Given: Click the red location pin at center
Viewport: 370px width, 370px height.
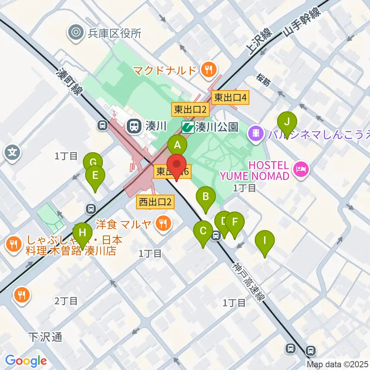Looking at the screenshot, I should tap(177, 166).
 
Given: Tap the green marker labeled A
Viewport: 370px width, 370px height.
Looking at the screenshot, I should tap(177, 146).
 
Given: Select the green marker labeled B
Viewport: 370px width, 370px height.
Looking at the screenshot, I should tap(206, 197).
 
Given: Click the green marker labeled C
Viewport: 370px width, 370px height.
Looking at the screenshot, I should tap(203, 232).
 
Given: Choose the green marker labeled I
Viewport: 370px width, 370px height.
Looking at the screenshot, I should tap(264, 241).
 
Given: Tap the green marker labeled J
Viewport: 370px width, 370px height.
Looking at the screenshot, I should tap(287, 123).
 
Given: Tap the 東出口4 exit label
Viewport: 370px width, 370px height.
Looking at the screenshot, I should tap(230, 98).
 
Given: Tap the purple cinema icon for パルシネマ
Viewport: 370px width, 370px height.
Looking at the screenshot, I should tap(256, 133).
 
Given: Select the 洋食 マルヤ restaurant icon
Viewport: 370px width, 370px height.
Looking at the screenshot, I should tap(164, 223).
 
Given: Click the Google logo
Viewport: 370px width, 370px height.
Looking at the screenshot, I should tap(26, 361).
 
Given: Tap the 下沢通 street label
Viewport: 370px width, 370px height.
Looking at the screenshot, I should tap(45, 337).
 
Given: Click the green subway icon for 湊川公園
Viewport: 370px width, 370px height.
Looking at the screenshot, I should tap(188, 127).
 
